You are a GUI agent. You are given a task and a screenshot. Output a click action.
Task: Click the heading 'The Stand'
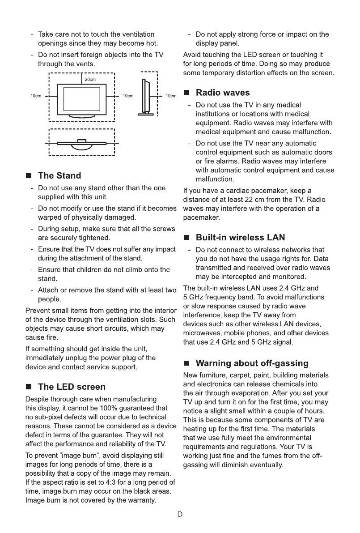[59, 175]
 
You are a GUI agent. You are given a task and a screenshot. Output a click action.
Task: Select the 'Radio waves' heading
[223, 93]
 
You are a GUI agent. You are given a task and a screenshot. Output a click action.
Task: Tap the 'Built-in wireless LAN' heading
[240, 237]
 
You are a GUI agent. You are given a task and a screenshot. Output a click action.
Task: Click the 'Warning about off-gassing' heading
[252, 362]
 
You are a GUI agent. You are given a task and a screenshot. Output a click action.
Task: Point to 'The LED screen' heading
[72, 387]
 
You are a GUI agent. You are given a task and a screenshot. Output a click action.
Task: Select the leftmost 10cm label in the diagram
[36, 96]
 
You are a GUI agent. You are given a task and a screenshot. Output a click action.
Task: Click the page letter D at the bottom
[180, 514]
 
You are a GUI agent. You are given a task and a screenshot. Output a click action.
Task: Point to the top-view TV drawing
[81, 143]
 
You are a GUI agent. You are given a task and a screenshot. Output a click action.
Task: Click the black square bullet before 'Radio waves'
[187, 93]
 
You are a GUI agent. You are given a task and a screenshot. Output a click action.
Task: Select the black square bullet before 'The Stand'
[29, 176]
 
